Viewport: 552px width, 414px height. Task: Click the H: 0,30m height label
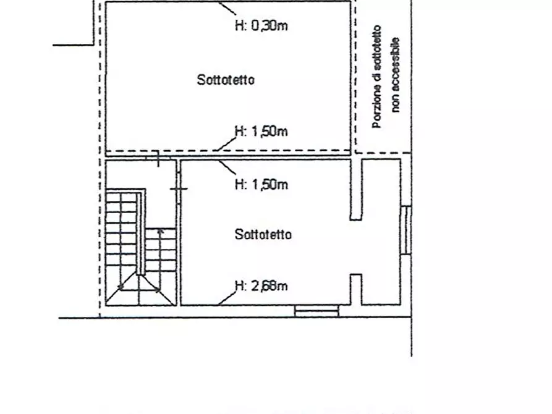(x=261, y=25)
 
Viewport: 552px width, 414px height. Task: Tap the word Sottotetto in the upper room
(x=226, y=80)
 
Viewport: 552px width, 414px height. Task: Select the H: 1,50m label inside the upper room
(x=261, y=132)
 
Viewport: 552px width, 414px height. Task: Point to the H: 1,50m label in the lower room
(x=261, y=184)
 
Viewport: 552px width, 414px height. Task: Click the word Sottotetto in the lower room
(x=263, y=234)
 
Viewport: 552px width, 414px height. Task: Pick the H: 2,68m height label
(x=261, y=285)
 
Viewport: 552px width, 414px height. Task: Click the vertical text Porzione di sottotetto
(x=377, y=77)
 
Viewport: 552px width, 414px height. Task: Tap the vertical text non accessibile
(x=396, y=75)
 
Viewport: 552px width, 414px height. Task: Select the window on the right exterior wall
(x=406, y=230)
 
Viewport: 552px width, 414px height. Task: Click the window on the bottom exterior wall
(x=316, y=311)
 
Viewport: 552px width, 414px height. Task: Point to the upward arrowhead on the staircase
(x=161, y=232)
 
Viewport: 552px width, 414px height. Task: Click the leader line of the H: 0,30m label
(x=227, y=9)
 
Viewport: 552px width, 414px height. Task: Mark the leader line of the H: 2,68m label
(x=227, y=298)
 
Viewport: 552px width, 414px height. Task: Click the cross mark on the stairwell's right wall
(x=179, y=189)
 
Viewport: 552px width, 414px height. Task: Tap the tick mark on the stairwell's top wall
(x=158, y=158)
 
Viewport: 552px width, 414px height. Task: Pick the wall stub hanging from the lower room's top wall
(x=356, y=190)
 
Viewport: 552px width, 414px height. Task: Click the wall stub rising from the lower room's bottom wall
(x=356, y=289)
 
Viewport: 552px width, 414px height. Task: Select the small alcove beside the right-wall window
(x=381, y=232)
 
